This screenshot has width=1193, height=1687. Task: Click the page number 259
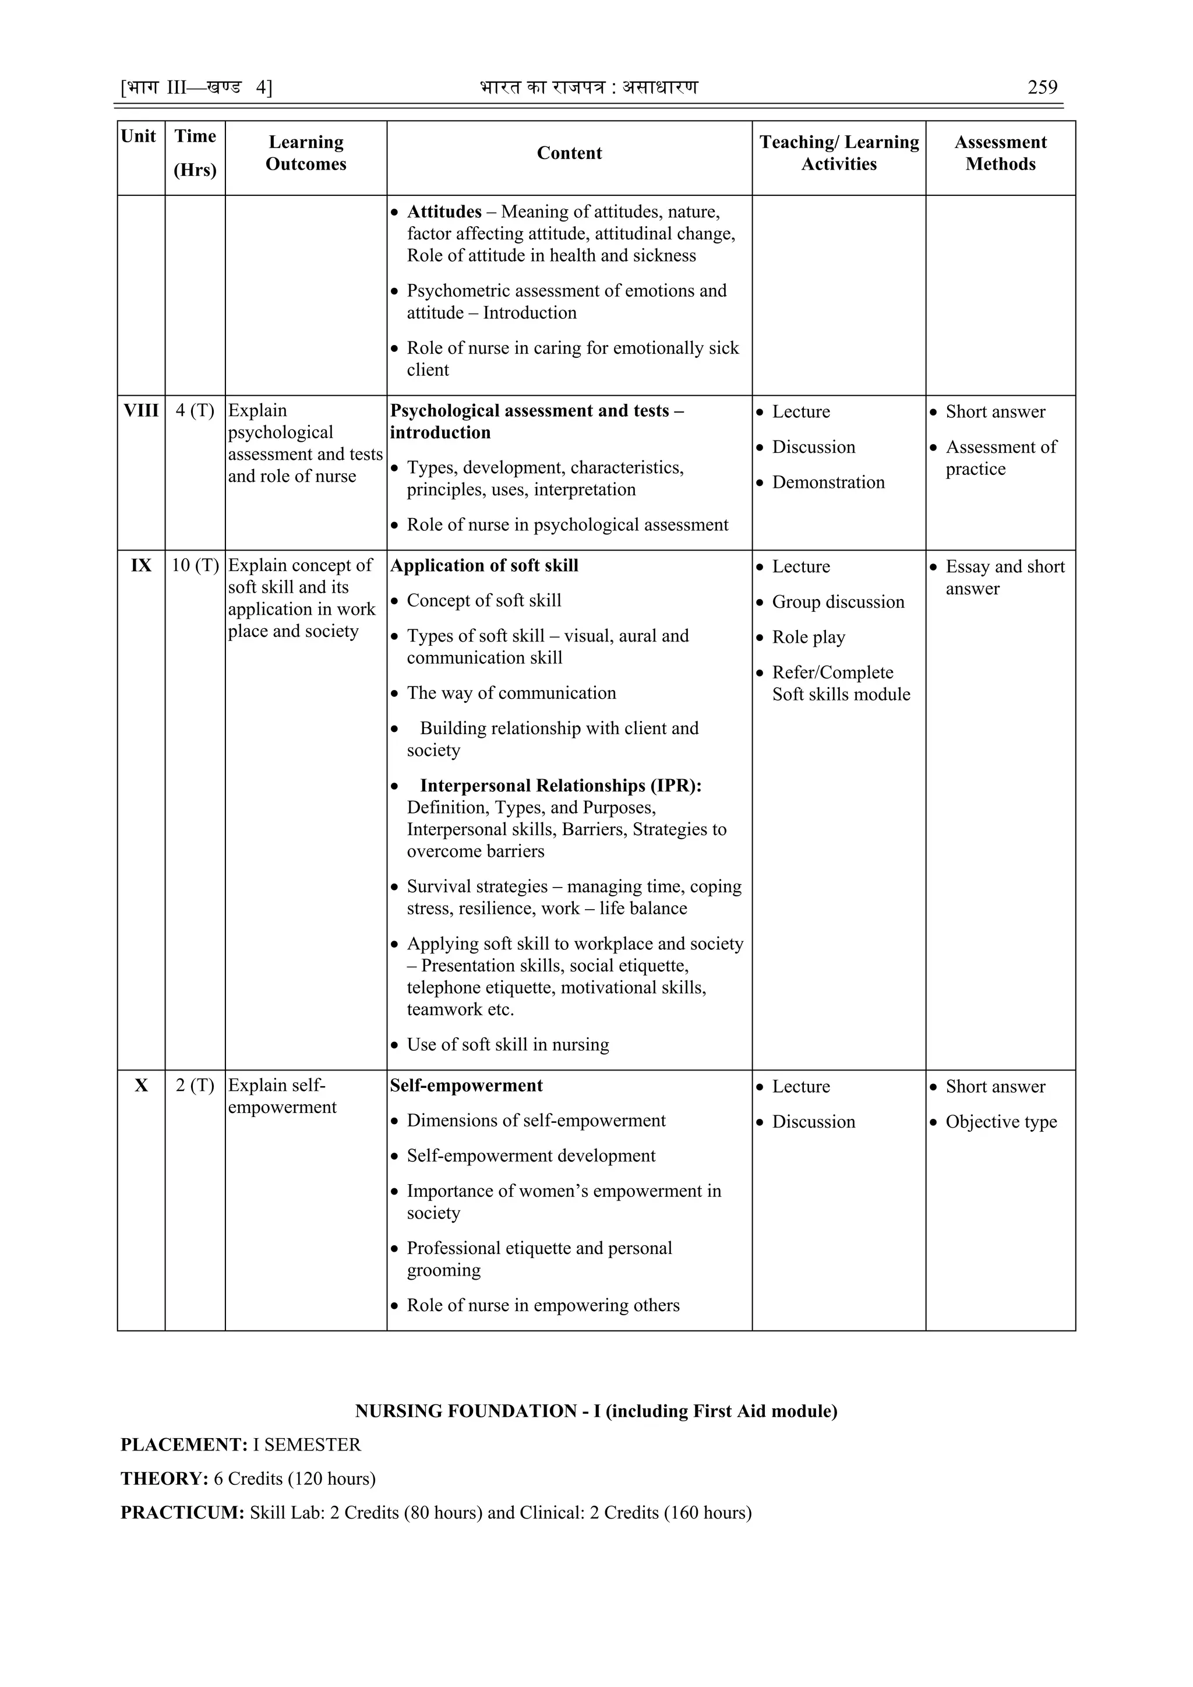pyautogui.click(x=1042, y=87)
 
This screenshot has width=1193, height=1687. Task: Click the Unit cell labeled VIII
pyautogui.click(x=140, y=411)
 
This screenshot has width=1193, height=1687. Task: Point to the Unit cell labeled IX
pyautogui.click(x=140, y=565)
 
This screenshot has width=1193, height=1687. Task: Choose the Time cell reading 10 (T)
pyautogui.click(x=195, y=565)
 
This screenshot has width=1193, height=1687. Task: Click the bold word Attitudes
pyautogui.click(x=444, y=212)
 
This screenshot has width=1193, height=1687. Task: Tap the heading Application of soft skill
pyautogui.click(x=484, y=565)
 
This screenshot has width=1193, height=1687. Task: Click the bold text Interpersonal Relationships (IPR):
pyautogui.click(x=560, y=786)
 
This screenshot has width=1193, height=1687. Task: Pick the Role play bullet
pyautogui.click(x=808, y=637)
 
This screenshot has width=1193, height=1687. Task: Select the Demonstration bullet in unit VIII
pyautogui.click(x=828, y=482)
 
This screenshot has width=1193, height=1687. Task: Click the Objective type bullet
pyautogui.click(x=1001, y=1121)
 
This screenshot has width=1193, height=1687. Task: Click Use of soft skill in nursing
pyautogui.click(x=507, y=1044)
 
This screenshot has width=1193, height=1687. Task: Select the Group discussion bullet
pyautogui.click(x=838, y=602)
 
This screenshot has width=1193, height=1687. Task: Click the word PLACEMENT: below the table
pyautogui.click(x=183, y=1445)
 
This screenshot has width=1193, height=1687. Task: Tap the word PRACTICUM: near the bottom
pyautogui.click(x=182, y=1512)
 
